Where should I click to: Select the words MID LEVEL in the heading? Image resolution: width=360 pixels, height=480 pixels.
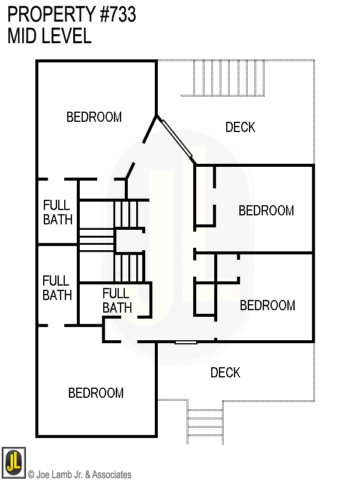click(49, 36)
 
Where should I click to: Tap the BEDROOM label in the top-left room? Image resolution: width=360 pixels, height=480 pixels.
click(94, 117)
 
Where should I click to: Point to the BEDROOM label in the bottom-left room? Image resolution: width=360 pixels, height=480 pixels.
click(96, 393)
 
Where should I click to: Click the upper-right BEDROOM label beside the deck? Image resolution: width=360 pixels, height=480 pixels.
click(266, 211)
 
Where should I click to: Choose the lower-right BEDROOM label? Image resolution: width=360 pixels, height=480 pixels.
click(268, 305)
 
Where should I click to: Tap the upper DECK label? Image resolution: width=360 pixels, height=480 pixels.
click(240, 127)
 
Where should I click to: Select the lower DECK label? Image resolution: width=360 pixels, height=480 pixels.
click(225, 373)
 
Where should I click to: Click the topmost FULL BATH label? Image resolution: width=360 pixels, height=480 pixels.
click(58, 212)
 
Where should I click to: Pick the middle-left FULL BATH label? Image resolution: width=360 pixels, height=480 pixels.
click(57, 287)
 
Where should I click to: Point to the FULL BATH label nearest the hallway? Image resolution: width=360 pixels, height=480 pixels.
click(116, 301)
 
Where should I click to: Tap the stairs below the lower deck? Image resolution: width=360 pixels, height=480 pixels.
click(205, 422)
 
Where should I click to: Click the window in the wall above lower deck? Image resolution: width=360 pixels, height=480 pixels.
click(185, 342)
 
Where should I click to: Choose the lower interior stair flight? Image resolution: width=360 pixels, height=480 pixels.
click(128, 267)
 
